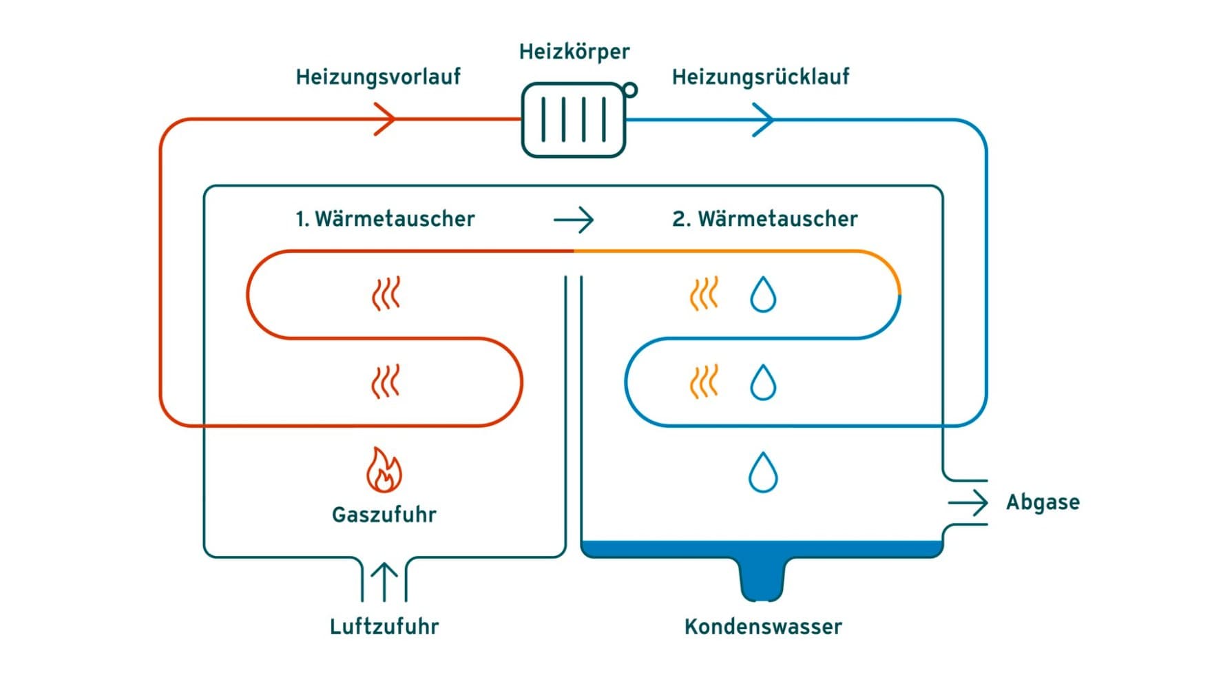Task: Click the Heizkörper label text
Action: click(x=574, y=52)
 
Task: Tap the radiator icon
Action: click(x=573, y=121)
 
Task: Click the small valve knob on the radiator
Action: click(x=629, y=90)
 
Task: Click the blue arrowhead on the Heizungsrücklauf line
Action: click(x=764, y=120)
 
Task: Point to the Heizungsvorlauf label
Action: click(x=377, y=76)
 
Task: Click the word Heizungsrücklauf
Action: click(x=760, y=76)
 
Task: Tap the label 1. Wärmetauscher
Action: click(x=385, y=219)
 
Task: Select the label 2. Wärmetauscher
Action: click(x=764, y=219)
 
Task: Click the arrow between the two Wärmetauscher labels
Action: click(x=574, y=220)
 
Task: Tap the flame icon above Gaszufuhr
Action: click(x=384, y=471)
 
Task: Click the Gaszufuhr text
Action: click(x=384, y=515)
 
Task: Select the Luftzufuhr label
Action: click(x=384, y=626)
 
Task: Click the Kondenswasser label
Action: click(x=762, y=626)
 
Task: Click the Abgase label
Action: click(x=1042, y=502)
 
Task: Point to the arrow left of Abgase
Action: click(x=969, y=503)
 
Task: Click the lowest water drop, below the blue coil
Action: click(x=762, y=473)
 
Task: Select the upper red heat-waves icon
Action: click(x=386, y=294)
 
